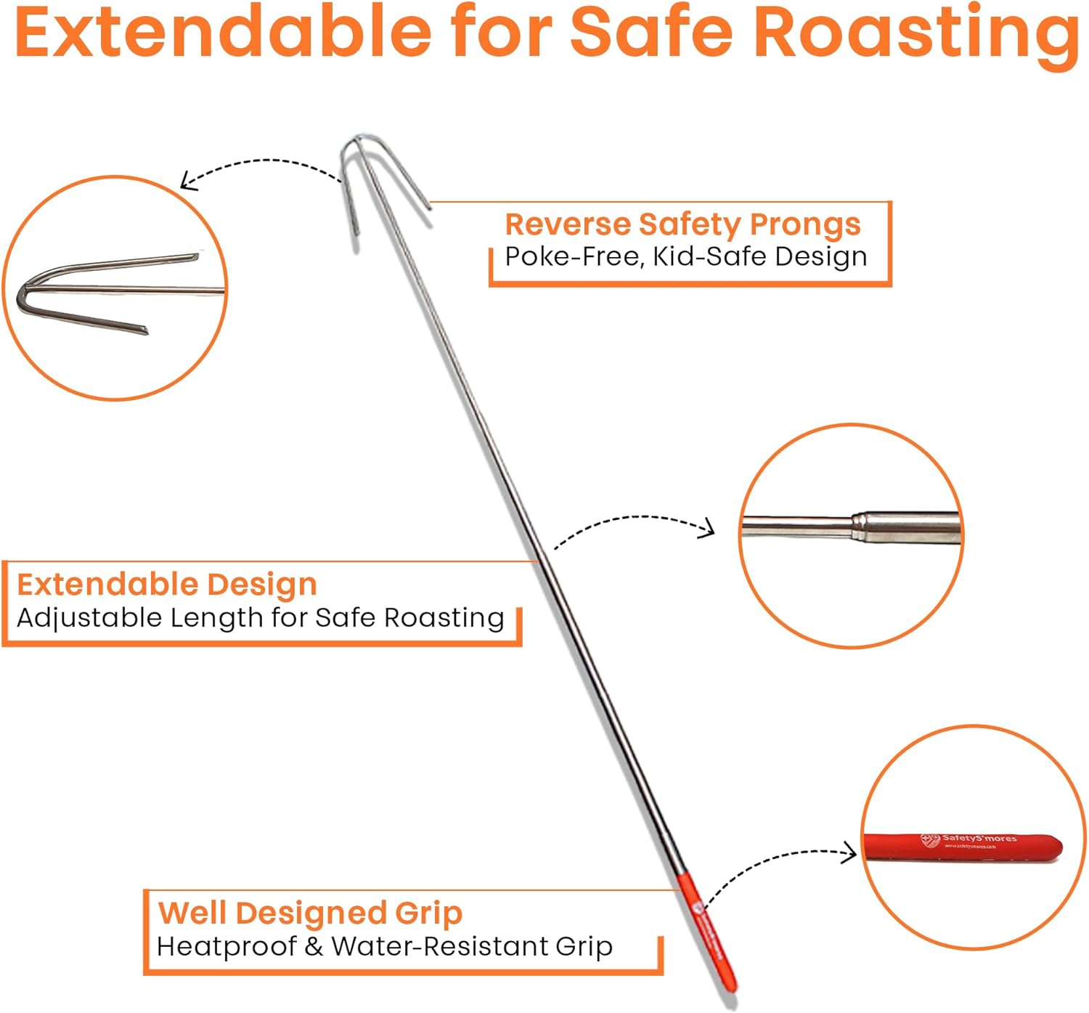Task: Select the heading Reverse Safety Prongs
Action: click(682, 224)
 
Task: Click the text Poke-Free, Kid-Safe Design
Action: click(686, 256)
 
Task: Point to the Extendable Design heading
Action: click(167, 585)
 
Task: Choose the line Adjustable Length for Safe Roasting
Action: click(261, 618)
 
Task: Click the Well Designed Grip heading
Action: click(310, 914)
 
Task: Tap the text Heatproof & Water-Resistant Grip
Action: click(385, 947)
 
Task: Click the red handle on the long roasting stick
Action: click(708, 933)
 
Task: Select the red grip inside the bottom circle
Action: click(962, 848)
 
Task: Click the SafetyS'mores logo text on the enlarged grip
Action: click(978, 839)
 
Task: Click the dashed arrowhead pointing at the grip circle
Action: click(850, 853)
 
